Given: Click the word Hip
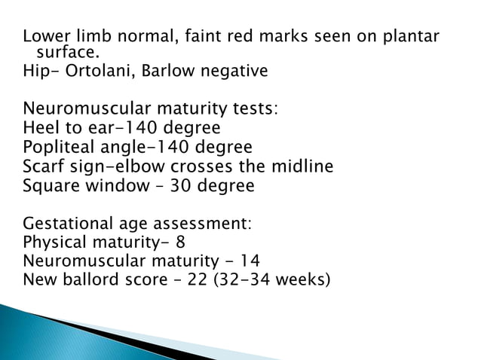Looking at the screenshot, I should tap(36, 72).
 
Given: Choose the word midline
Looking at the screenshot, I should tap(299, 166).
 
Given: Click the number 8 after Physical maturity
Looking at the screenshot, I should tap(180, 243).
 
